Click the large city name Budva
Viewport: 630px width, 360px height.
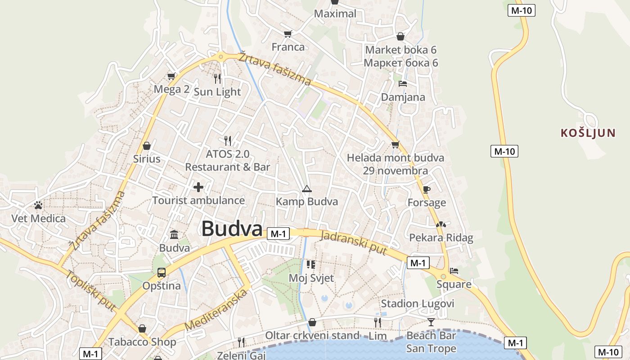click(231, 229)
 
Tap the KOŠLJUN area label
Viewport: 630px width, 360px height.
click(588, 133)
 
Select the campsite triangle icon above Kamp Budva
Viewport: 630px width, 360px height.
click(307, 189)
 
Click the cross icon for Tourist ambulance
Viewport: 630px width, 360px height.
click(198, 187)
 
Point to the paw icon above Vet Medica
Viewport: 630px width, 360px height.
click(38, 205)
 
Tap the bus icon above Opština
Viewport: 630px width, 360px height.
click(161, 272)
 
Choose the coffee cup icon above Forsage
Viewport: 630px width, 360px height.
click(426, 189)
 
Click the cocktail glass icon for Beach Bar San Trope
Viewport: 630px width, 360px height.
click(431, 322)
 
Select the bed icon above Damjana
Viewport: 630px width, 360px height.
click(403, 84)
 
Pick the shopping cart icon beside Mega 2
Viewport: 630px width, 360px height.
click(171, 76)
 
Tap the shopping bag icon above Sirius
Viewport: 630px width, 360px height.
click(146, 146)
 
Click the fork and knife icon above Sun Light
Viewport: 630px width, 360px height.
click(217, 79)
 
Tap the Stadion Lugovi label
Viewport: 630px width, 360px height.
click(418, 304)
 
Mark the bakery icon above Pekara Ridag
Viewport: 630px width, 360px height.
click(441, 224)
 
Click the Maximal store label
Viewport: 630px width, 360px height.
click(335, 13)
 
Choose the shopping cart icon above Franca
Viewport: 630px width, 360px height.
click(288, 34)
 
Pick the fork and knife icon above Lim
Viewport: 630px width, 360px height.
click(377, 322)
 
